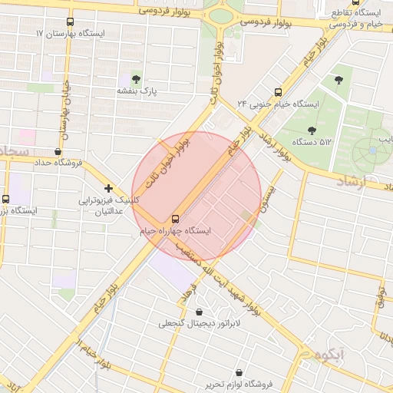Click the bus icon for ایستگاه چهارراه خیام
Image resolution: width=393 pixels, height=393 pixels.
(176, 218)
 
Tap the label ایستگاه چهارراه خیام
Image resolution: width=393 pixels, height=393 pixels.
(176, 230)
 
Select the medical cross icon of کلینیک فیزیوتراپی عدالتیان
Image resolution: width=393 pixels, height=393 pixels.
(109, 188)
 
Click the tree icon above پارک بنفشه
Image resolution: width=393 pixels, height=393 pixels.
(137, 78)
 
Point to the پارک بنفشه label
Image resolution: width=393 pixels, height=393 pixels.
(136, 91)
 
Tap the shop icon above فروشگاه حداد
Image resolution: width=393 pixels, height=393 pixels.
(59, 151)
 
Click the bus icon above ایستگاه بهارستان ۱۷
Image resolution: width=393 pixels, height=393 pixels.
(71, 22)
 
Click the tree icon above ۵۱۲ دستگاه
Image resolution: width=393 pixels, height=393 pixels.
(311, 130)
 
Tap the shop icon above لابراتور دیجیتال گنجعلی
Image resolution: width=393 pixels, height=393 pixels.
(200, 312)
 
